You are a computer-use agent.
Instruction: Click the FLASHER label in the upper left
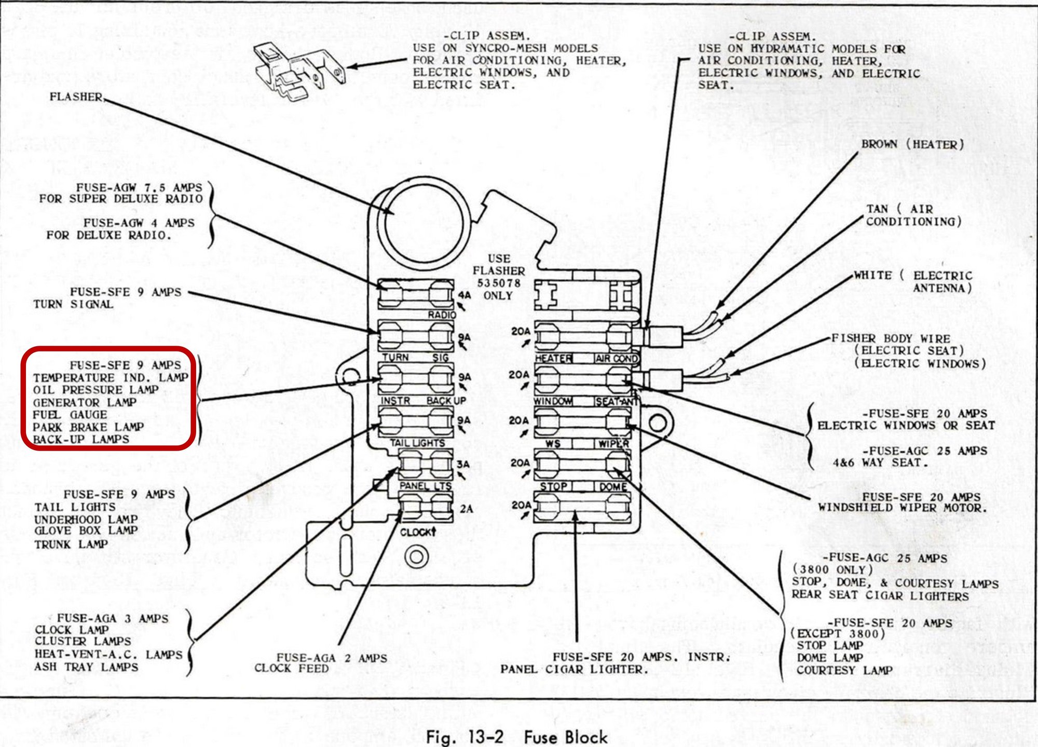(x=76, y=97)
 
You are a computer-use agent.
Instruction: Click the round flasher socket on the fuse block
(x=423, y=223)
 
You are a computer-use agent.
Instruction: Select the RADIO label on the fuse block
(x=442, y=315)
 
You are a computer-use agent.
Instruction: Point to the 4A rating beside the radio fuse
(x=464, y=295)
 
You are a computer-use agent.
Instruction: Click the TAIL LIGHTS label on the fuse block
(x=417, y=443)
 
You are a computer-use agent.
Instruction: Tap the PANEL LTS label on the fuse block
(x=425, y=486)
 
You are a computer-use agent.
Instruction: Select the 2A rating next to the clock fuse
(x=466, y=509)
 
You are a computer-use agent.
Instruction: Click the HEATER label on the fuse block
(x=553, y=358)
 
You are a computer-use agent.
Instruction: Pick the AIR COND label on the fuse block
(x=617, y=358)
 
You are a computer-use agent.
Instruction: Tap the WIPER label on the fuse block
(x=614, y=444)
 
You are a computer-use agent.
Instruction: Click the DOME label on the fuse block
(x=613, y=487)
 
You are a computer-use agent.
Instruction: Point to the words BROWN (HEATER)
(x=912, y=144)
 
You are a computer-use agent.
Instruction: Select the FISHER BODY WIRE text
(x=891, y=338)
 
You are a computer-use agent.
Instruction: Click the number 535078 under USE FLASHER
(x=498, y=283)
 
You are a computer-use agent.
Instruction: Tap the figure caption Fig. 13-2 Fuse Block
(x=516, y=737)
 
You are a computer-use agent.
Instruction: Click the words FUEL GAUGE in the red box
(x=70, y=415)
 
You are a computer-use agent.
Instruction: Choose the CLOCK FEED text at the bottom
(x=291, y=669)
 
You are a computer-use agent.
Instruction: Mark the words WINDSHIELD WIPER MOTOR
(x=902, y=508)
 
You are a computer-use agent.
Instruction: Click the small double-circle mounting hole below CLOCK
(x=416, y=556)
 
